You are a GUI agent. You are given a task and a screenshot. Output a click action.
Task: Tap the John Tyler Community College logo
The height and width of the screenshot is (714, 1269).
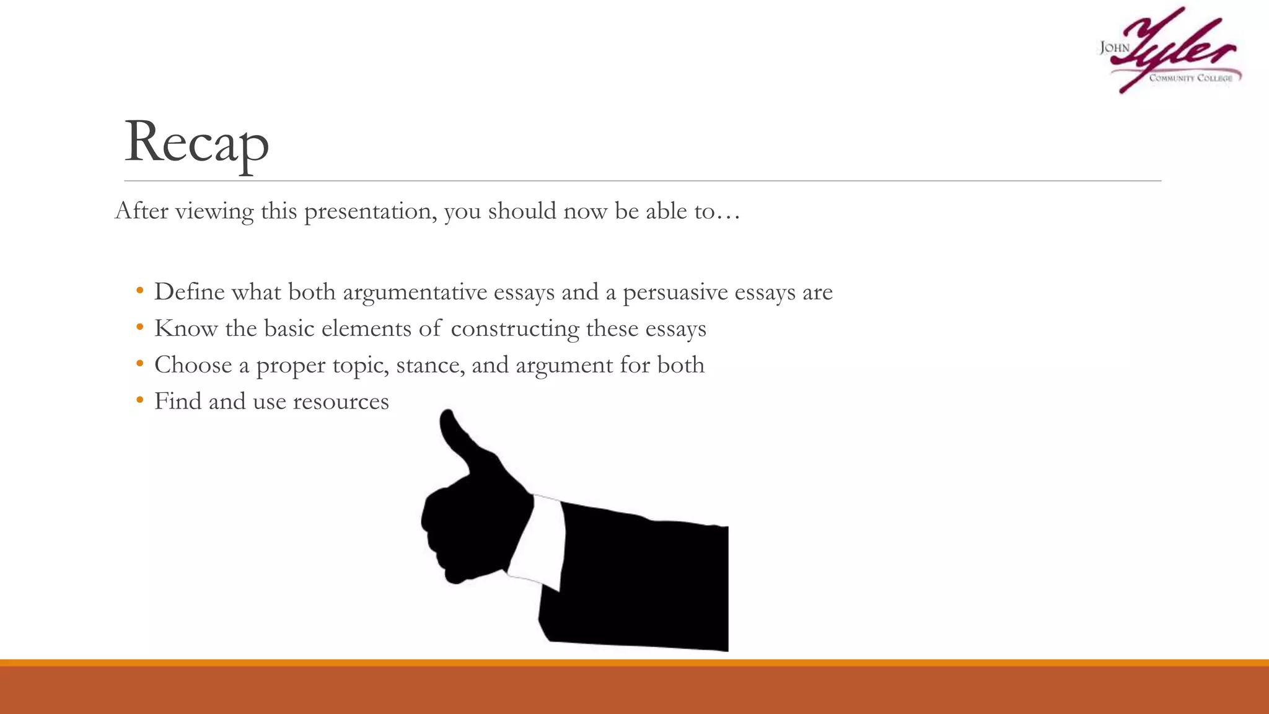point(1170,51)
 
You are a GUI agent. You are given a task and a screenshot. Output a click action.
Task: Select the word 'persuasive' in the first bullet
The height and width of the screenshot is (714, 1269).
point(675,292)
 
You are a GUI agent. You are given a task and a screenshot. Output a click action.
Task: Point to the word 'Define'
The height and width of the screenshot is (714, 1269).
point(189,292)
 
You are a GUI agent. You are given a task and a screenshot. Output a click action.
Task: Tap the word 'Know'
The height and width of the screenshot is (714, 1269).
point(186,328)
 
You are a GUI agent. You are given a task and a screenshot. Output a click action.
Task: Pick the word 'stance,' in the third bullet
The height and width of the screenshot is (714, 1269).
point(430,365)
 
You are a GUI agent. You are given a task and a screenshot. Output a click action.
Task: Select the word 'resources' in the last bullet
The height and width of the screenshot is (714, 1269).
point(341,402)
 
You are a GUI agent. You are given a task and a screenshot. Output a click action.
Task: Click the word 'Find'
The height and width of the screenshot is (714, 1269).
point(178,402)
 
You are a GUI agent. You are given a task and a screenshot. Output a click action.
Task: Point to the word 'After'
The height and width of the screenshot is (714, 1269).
point(141,211)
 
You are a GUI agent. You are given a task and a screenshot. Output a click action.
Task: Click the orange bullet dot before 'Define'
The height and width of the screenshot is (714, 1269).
point(140,291)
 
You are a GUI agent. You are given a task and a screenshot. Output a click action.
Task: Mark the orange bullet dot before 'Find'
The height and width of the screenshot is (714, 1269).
point(140,400)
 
